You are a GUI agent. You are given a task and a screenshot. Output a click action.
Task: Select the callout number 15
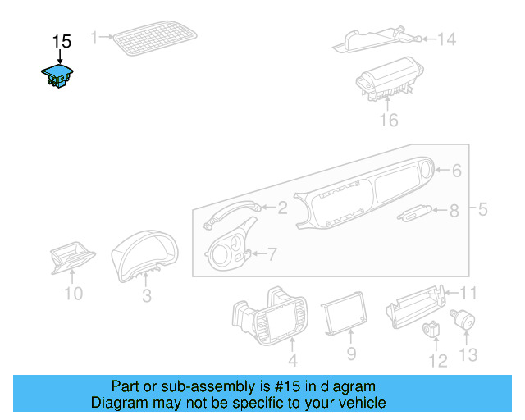coord(62,41)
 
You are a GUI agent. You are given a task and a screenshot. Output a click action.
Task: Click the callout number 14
coord(445,39)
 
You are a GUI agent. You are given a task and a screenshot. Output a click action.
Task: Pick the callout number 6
coord(457,171)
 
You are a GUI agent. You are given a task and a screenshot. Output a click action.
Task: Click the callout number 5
coord(482,209)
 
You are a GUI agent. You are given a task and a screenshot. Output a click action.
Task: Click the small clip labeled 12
coord(431,331)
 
